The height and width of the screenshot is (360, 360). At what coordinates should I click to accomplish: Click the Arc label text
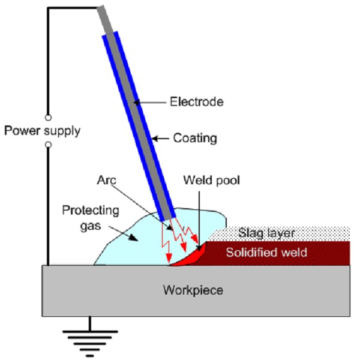click(109, 179)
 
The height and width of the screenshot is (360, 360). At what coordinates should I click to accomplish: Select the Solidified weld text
click(266, 253)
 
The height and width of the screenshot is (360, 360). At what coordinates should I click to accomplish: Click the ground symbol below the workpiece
click(90, 342)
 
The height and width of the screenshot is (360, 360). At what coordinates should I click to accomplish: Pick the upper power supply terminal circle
click(48, 116)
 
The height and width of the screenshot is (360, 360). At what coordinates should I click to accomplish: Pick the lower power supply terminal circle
click(48, 145)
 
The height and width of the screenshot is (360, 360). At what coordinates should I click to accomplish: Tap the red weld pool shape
click(191, 256)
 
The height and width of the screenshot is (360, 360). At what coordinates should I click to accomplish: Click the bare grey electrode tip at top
click(103, 18)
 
